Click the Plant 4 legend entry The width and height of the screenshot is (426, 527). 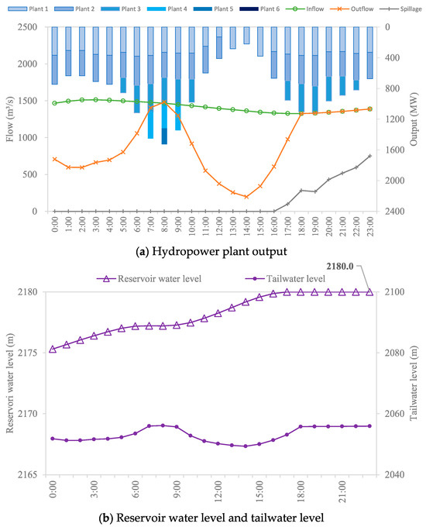point(167,9)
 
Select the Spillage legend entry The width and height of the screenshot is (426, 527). point(400,9)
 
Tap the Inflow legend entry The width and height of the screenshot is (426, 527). point(304,9)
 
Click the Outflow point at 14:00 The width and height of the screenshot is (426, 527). point(246,197)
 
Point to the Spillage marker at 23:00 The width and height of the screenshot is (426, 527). point(370,156)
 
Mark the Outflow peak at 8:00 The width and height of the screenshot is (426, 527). point(164,102)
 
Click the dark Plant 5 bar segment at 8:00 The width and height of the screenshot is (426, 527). point(164,136)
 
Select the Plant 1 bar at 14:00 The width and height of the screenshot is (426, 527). point(246,36)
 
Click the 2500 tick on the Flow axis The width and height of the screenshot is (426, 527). point(27,27)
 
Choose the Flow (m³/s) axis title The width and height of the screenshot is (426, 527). point(10,119)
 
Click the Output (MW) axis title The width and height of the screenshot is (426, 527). point(414,119)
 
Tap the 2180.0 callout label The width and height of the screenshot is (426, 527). point(340,266)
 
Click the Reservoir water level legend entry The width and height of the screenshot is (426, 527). point(149,279)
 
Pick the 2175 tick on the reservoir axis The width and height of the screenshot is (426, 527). point(27,353)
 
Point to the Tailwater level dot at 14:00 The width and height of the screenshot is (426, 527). point(246,446)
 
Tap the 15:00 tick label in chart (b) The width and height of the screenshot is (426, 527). point(259,491)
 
